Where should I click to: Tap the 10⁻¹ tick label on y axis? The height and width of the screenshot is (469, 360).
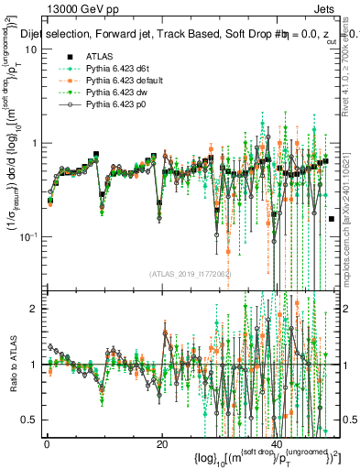27,236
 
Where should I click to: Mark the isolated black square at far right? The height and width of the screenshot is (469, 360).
331,218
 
